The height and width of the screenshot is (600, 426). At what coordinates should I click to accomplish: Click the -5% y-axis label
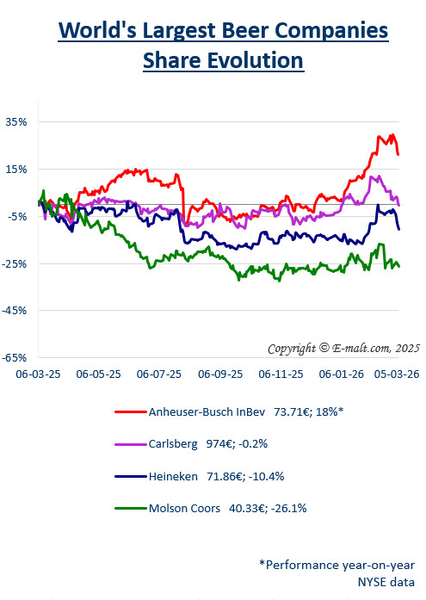pos(17,216)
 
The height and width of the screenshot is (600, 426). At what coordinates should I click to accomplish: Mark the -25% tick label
pos(15,263)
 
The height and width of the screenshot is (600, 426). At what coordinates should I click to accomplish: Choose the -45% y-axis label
pos(15,310)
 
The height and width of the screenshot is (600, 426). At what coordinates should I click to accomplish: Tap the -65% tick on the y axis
pos(15,357)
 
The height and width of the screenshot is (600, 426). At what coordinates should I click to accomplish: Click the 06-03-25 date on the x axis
pos(37,375)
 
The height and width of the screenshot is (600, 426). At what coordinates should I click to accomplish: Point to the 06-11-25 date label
pos(282,375)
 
